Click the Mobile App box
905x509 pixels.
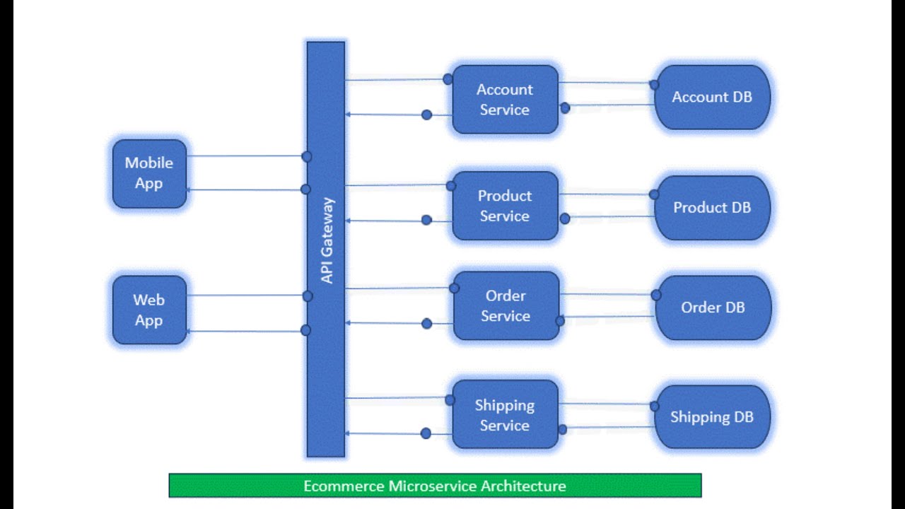click(x=149, y=173)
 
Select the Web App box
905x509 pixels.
click(x=149, y=310)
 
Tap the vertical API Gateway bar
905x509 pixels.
click(x=326, y=353)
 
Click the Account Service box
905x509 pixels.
click(x=505, y=100)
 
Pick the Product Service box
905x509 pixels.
click(x=505, y=206)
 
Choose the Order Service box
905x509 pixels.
click(x=506, y=306)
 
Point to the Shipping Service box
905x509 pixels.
click(x=505, y=415)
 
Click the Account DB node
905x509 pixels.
click(x=712, y=98)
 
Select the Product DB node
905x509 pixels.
click(x=712, y=208)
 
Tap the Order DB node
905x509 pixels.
click(x=713, y=308)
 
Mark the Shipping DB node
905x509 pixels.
click(x=712, y=417)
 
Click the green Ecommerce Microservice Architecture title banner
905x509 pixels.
click(x=435, y=486)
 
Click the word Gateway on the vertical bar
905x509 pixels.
click(x=327, y=230)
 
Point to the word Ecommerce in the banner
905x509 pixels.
click(x=344, y=486)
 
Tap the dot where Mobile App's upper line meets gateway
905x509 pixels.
click(x=306, y=156)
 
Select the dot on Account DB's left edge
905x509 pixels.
click(x=654, y=85)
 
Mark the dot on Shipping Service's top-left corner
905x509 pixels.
click(x=450, y=400)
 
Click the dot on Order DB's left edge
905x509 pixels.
click(x=656, y=295)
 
